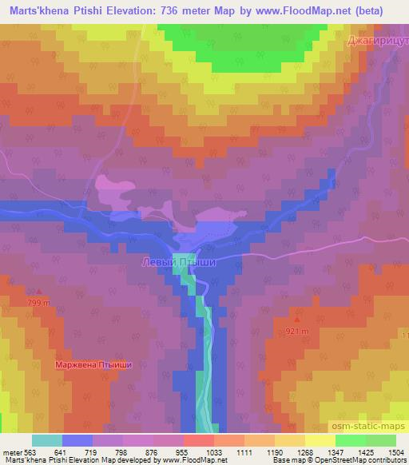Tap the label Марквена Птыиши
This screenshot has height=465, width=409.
pos(93,365)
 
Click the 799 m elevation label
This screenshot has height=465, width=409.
pos(39,304)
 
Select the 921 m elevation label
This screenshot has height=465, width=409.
pos(297,331)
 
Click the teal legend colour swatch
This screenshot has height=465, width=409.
pos(47,440)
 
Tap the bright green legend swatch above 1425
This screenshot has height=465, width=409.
pos(351,440)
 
